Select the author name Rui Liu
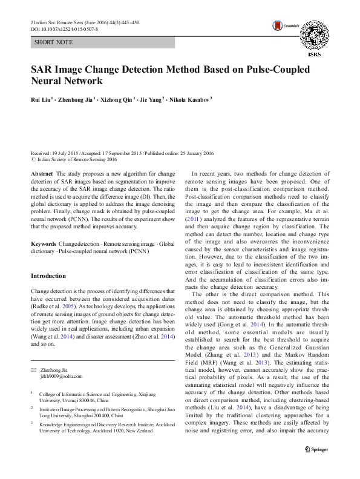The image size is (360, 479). tap(41, 99)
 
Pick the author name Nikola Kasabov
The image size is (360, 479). tap(189, 99)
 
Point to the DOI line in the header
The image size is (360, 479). tap(64, 28)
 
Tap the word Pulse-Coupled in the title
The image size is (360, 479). tap(276, 69)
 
